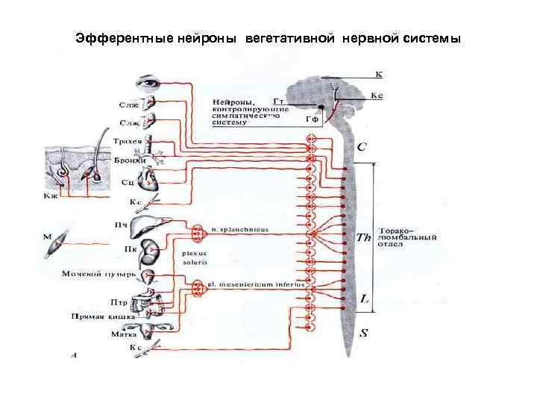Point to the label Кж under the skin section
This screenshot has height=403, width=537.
(49, 196)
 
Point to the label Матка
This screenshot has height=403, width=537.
(122, 335)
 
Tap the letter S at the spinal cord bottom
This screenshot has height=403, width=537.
(363, 334)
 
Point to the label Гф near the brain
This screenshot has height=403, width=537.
(313, 119)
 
